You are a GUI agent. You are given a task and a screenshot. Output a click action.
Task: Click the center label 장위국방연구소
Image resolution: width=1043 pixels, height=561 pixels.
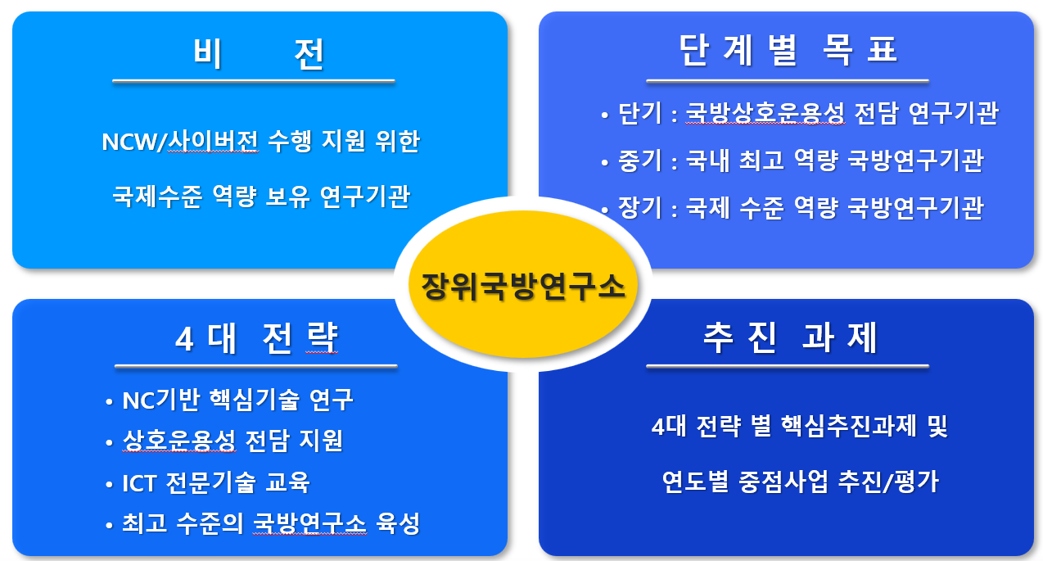(522, 286)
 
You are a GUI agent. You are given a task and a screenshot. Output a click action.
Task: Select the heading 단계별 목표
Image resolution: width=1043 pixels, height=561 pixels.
(788, 51)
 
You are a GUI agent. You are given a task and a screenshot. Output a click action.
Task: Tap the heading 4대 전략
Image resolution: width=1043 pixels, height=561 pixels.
(256, 338)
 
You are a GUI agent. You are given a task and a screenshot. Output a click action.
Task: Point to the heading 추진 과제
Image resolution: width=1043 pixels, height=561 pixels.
(789, 338)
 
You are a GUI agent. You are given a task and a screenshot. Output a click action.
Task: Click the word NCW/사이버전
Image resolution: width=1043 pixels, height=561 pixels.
(180, 143)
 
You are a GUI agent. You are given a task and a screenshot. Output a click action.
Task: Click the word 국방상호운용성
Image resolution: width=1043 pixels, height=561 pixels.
(765, 114)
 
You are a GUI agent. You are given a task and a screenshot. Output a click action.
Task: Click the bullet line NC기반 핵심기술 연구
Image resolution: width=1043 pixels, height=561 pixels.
(237, 400)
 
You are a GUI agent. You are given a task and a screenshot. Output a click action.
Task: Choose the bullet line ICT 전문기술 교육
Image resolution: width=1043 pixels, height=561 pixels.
(216, 482)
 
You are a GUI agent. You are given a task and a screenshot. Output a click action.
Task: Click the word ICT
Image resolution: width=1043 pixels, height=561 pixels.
(138, 482)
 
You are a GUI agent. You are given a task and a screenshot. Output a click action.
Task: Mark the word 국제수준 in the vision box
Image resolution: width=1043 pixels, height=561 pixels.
(156, 197)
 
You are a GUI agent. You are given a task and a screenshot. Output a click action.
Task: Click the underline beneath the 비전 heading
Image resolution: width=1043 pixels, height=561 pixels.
(253, 81)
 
